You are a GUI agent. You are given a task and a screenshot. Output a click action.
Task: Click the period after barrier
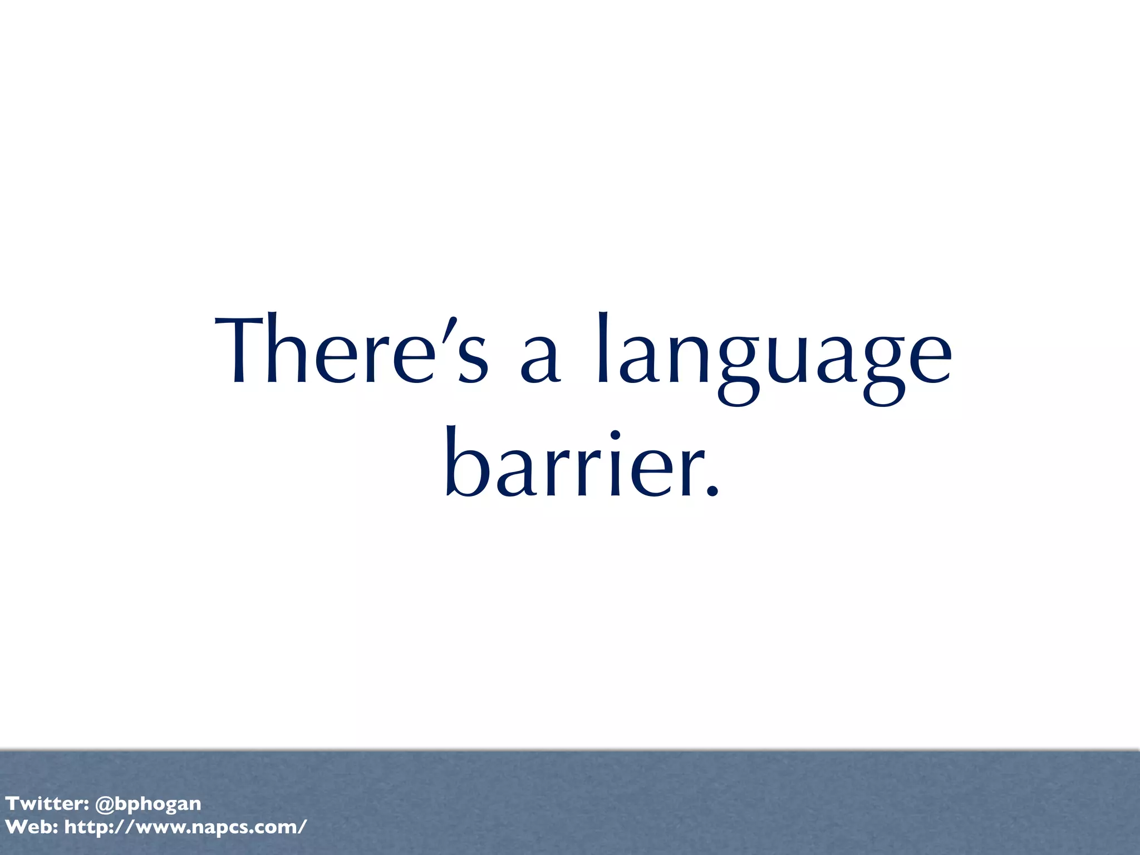(712, 490)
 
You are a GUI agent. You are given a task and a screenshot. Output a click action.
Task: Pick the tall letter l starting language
(602, 348)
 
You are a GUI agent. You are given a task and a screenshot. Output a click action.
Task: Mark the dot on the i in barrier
(615, 435)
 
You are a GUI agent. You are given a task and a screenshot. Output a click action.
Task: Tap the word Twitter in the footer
(43, 803)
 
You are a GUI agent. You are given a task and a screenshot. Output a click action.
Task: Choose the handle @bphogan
(148, 804)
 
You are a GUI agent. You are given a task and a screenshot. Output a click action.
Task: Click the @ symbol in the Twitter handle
(105, 804)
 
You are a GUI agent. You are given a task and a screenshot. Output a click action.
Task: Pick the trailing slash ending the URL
(302, 827)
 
